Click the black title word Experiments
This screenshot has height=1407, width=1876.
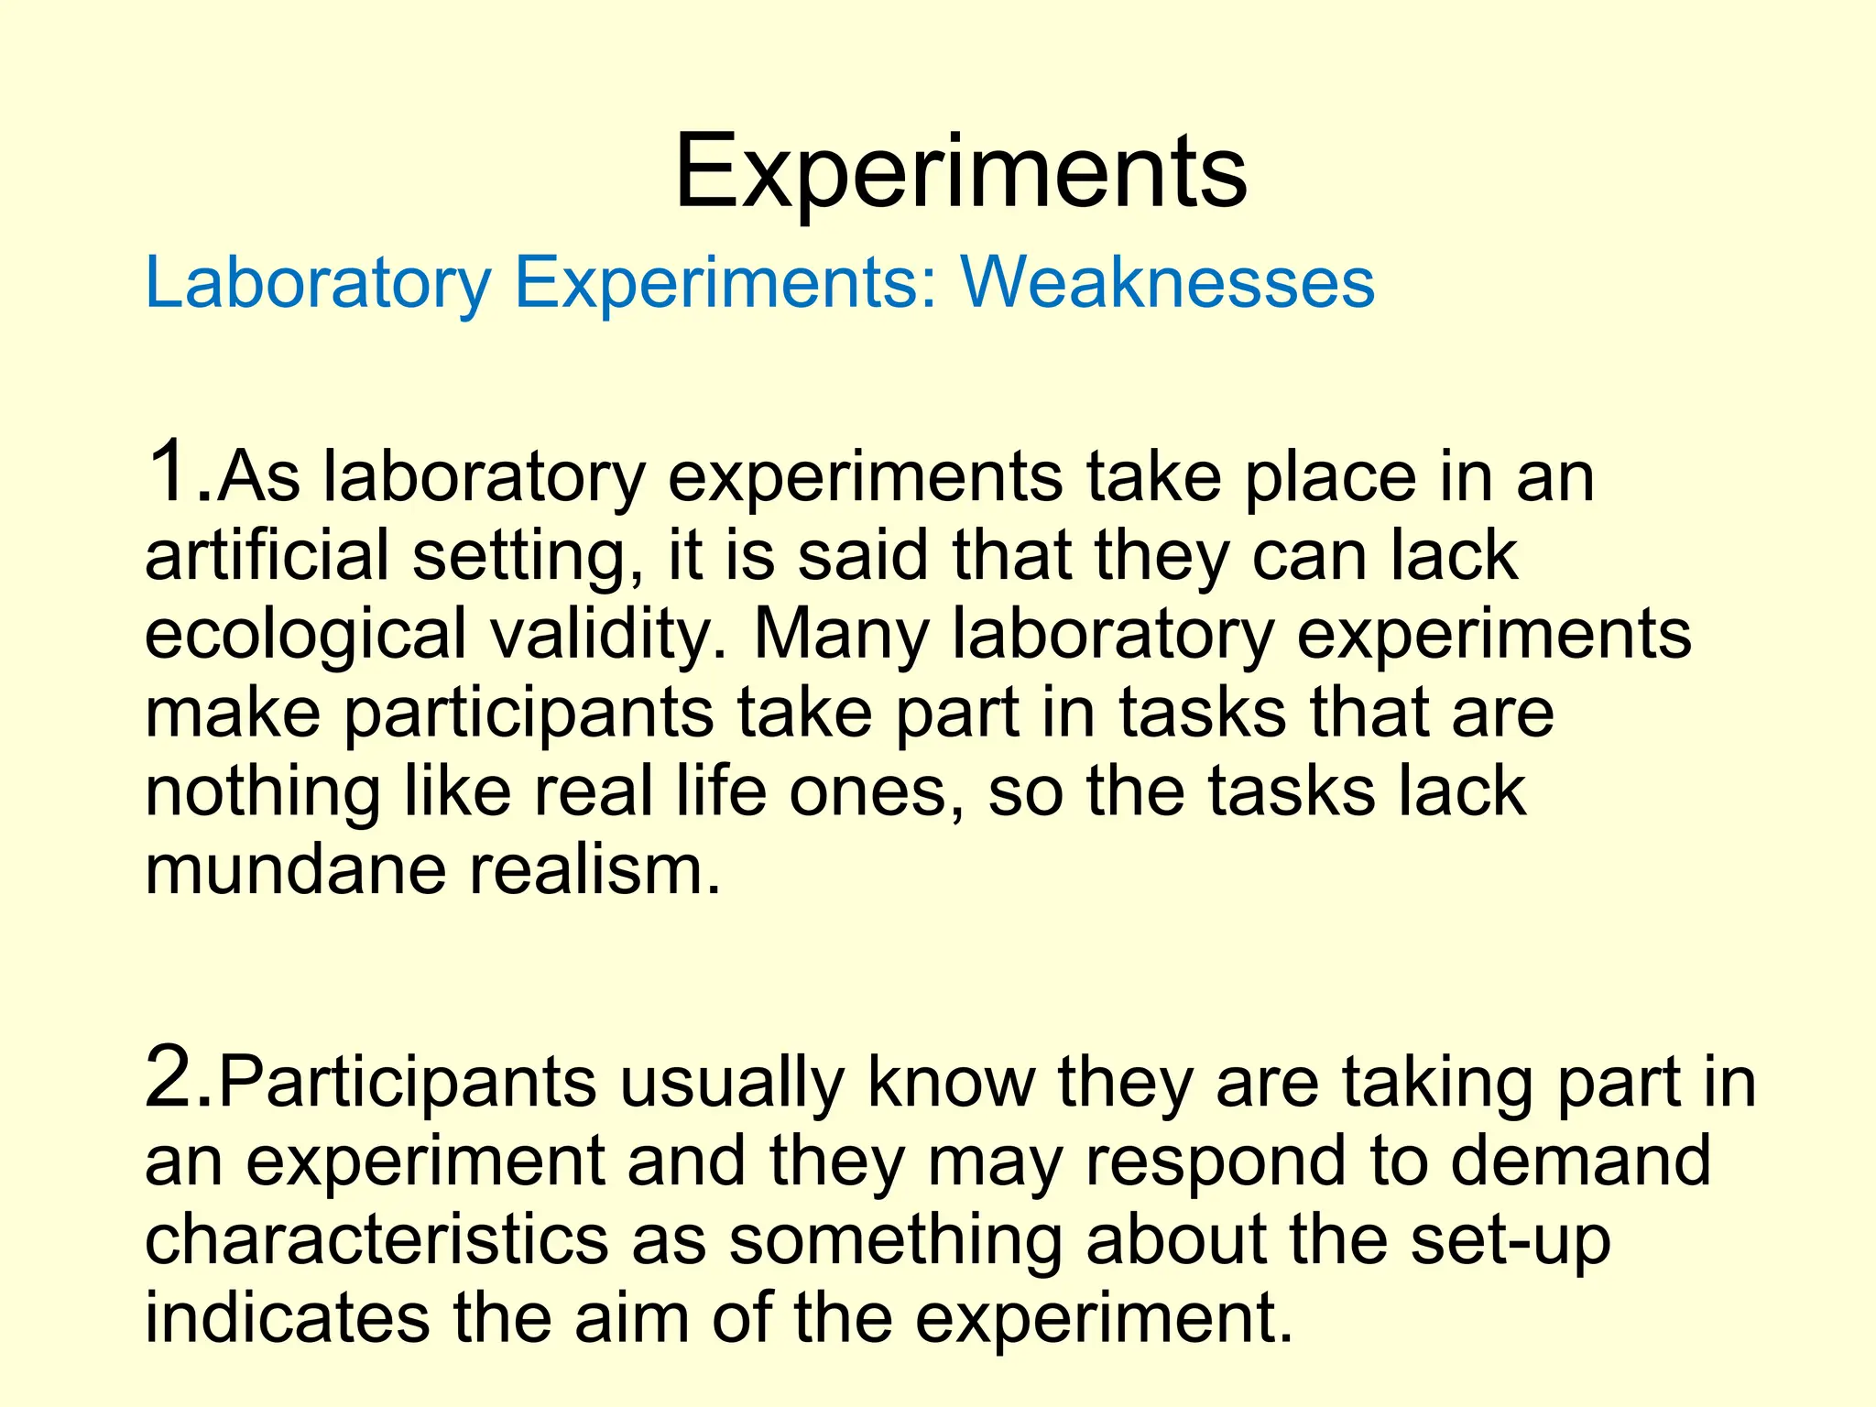960,173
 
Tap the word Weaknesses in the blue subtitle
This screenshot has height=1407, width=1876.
1167,282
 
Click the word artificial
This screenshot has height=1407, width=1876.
267,555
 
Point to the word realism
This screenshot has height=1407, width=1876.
594,869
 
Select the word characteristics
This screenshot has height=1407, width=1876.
376,1239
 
